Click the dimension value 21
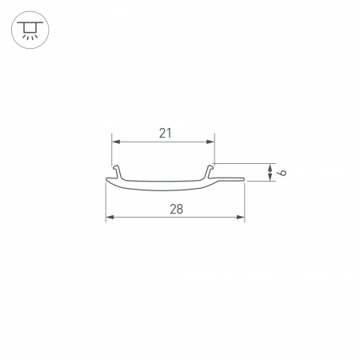[x=165, y=134]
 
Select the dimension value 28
[x=177, y=209]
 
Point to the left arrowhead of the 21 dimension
[x=114, y=142]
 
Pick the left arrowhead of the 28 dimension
[x=110, y=217]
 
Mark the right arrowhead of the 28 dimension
[x=241, y=217]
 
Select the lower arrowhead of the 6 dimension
[x=268, y=178]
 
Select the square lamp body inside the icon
[x=30, y=30]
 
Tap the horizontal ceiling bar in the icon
[x=30, y=24]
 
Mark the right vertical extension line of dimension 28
[x=245, y=200]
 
